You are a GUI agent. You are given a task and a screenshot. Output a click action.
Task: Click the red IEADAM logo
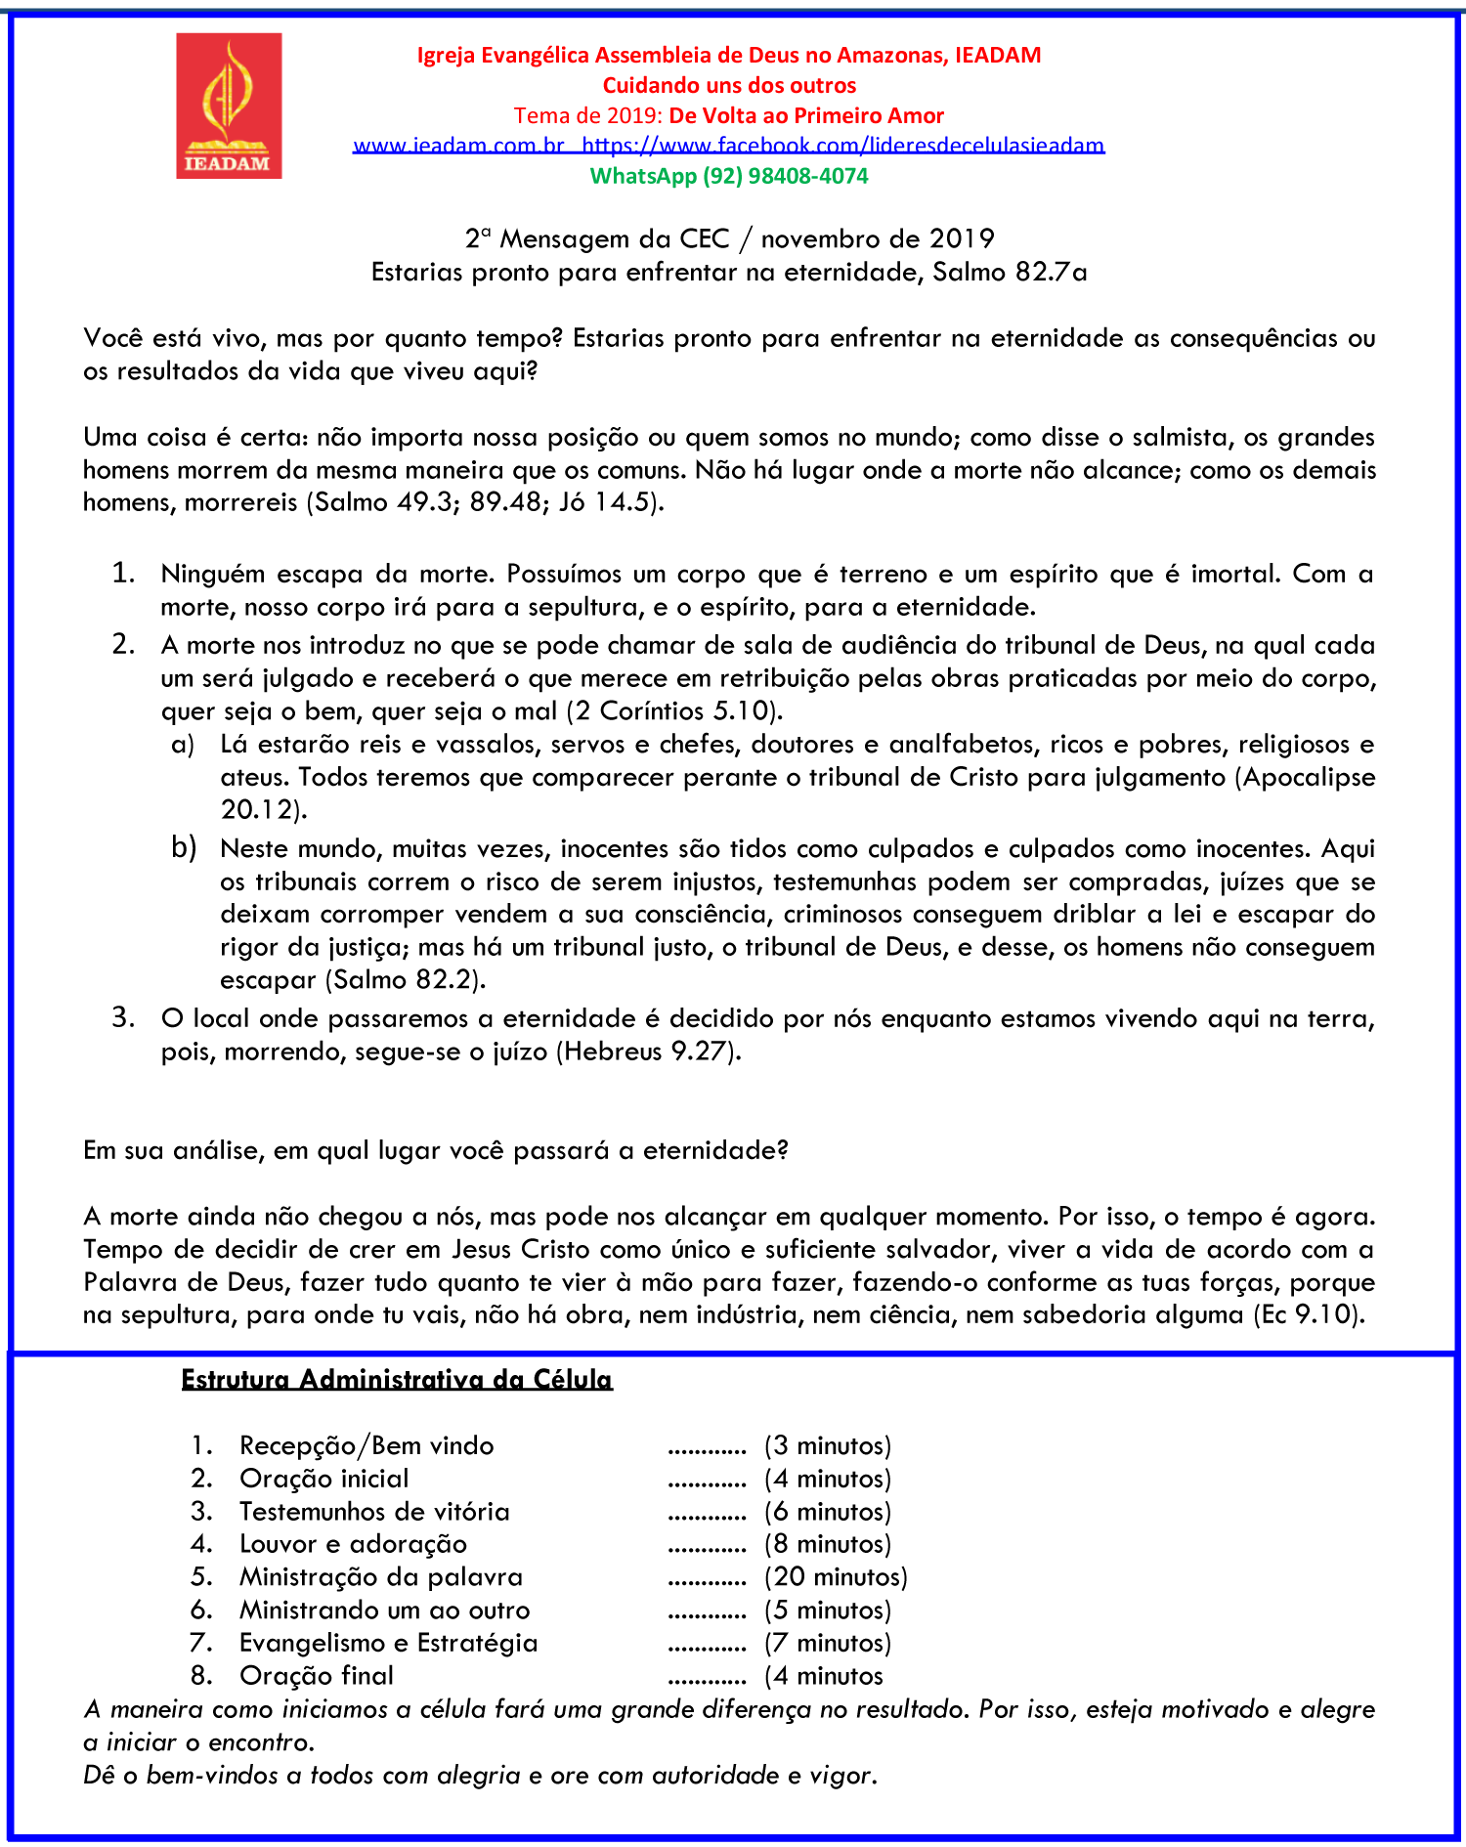coord(229,106)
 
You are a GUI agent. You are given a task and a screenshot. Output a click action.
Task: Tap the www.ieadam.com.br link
coord(458,146)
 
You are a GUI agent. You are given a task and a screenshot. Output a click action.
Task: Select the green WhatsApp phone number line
coord(729,176)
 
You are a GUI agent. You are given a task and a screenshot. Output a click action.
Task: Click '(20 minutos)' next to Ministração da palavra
coord(836,1576)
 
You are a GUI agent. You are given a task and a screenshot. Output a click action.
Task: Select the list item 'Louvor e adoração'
coord(353,1544)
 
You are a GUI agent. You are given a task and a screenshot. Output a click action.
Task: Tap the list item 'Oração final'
coord(316,1675)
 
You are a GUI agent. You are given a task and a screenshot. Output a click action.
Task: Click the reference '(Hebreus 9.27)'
coord(649,1052)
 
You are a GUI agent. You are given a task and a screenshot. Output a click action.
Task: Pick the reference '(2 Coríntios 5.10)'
coord(674,710)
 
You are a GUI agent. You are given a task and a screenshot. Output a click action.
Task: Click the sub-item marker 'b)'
coord(184,847)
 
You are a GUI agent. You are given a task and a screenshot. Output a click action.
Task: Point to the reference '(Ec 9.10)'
coord(1309,1314)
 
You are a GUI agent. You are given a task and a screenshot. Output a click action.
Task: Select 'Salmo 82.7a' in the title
coord(1010,272)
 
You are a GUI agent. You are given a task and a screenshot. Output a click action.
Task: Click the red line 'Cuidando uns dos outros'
coord(729,85)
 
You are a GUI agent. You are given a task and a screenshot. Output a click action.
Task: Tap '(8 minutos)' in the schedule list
coord(828,1544)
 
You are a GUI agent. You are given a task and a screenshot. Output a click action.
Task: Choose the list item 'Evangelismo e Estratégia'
coord(388,1643)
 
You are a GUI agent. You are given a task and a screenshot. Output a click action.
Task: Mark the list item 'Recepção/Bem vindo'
coord(366,1445)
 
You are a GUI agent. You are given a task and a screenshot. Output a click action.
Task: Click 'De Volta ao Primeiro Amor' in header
coord(806,115)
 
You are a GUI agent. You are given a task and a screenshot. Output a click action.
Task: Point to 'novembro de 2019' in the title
coord(878,239)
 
